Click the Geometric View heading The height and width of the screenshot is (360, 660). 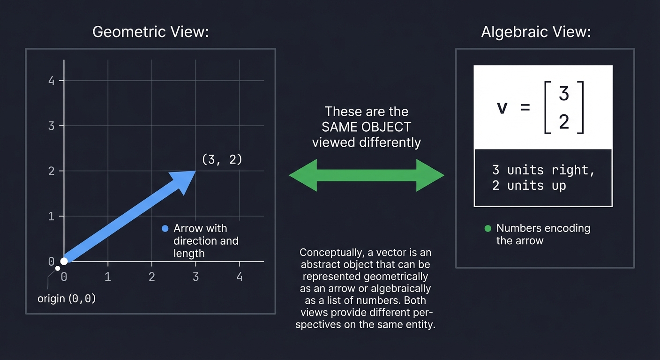click(x=150, y=32)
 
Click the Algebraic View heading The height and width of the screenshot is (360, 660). click(x=536, y=32)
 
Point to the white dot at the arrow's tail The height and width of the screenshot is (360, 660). click(x=64, y=261)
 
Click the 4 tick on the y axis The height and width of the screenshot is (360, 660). click(x=52, y=81)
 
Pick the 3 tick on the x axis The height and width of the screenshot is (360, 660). click(x=195, y=277)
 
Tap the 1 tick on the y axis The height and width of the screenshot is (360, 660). click(x=52, y=217)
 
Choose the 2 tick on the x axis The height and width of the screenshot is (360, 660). click(x=152, y=277)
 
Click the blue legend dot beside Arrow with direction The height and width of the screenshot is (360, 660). click(x=165, y=229)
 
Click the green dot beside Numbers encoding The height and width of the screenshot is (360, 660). click(x=487, y=229)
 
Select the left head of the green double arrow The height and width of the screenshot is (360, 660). click(x=302, y=175)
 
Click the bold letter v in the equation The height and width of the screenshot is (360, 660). click(x=502, y=108)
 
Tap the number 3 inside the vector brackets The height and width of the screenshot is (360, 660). click(x=564, y=94)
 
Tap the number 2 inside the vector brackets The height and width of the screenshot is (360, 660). click(x=564, y=122)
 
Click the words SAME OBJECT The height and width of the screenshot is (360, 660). click(x=366, y=127)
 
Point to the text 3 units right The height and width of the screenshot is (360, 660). click(x=543, y=170)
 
